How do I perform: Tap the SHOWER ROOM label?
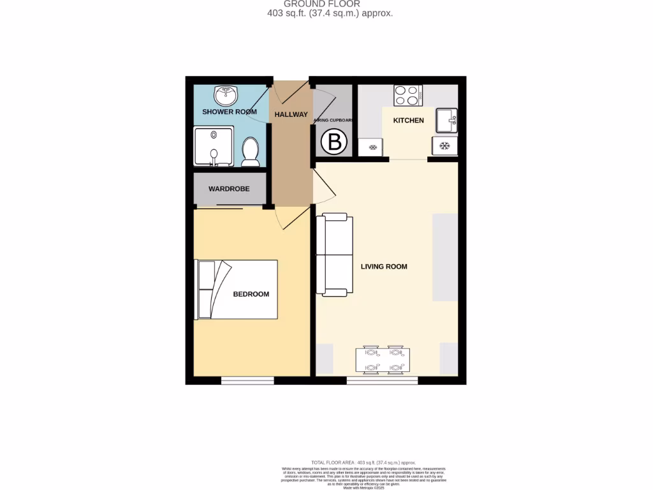[x=229, y=112]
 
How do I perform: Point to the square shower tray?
[x=214, y=146]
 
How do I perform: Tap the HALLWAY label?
[x=291, y=114]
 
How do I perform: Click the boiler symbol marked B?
[x=333, y=142]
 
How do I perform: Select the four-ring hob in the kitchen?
[x=407, y=96]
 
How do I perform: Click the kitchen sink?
[x=446, y=120]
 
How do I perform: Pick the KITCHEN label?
[x=408, y=120]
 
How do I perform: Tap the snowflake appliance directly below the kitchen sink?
[x=444, y=146]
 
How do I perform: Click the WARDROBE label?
[x=228, y=189]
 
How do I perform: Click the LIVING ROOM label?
[x=383, y=267]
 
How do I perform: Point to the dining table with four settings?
[x=383, y=360]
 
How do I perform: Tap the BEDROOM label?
[x=251, y=294]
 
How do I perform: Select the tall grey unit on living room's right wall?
[x=444, y=256]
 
